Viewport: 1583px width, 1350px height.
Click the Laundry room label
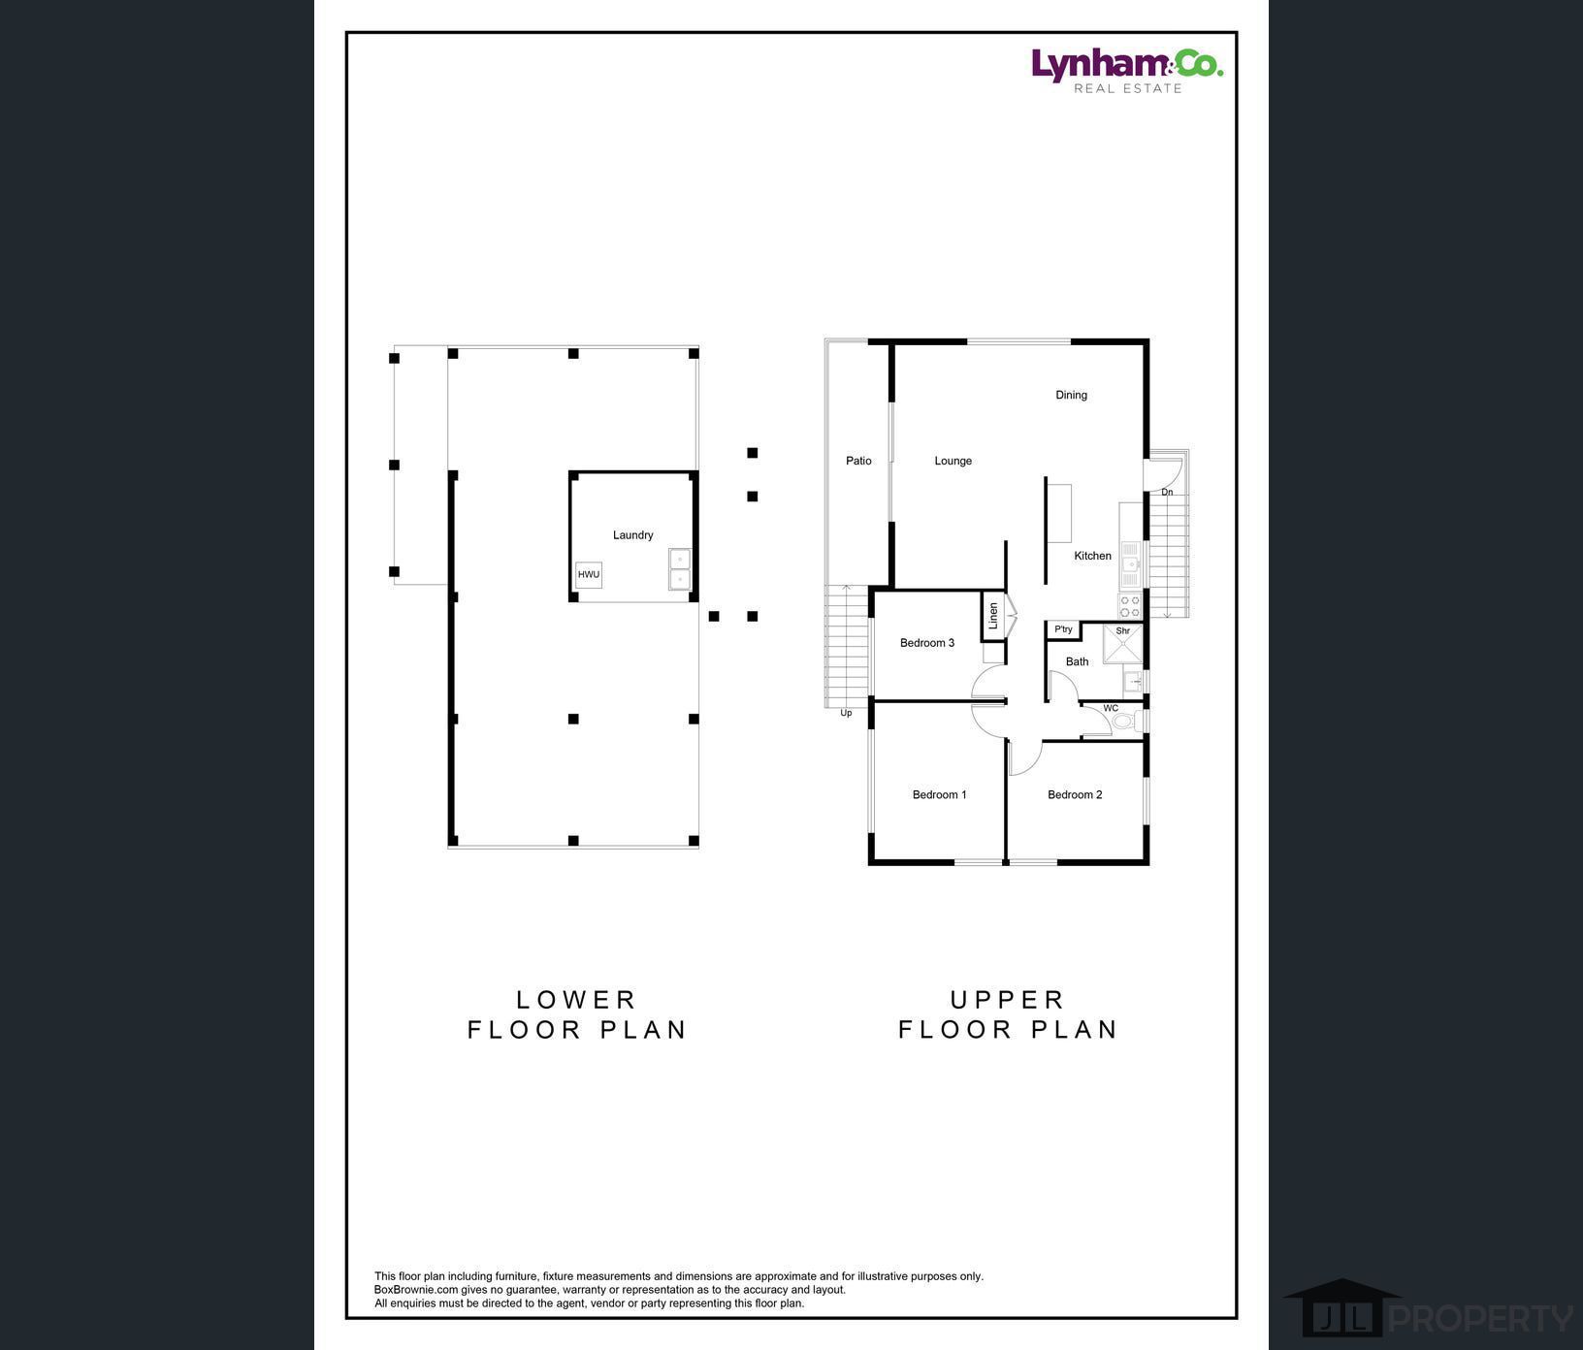tap(632, 535)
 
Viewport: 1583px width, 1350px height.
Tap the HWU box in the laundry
tap(589, 574)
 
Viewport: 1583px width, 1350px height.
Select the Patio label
tap(858, 461)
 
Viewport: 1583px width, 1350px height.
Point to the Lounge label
tap(953, 461)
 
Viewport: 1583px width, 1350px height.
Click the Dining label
tap(1071, 395)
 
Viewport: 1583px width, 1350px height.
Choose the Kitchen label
tap(1092, 556)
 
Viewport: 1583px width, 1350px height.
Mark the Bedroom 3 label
tap(926, 643)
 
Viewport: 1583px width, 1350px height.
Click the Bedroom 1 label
tap(939, 794)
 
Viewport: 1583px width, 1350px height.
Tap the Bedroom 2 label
tap(1075, 794)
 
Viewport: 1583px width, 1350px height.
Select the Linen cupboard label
tap(992, 616)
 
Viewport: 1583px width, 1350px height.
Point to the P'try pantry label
tap(1064, 629)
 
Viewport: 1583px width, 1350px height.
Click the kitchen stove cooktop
tap(1130, 606)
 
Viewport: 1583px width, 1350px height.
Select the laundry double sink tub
tap(680, 569)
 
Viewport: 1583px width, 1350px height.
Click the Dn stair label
tap(1167, 493)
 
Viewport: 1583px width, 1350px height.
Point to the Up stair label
tap(846, 713)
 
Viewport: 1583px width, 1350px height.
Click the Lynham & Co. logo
tap(1126, 71)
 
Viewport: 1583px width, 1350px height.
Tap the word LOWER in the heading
tap(576, 999)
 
